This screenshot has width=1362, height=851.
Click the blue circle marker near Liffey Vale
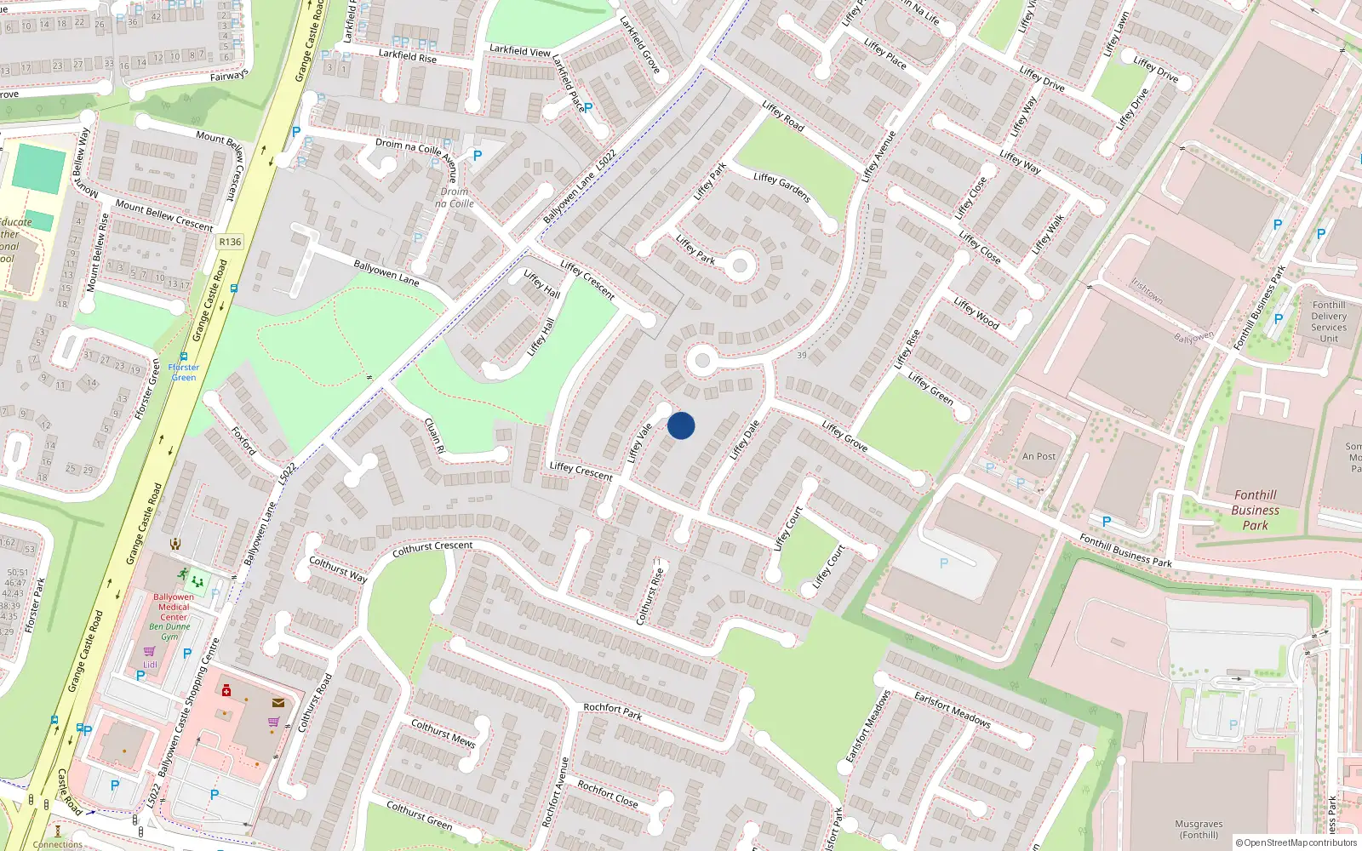pyautogui.click(x=681, y=425)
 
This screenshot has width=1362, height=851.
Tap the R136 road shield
pyautogui.click(x=230, y=242)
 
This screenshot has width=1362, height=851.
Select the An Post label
pyautogui.click(x=1039, y=457)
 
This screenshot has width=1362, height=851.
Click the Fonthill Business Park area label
pyautogui.click(x=1255, y=510)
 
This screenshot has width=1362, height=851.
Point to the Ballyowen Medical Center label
pyautogui.click(x=174, y=607)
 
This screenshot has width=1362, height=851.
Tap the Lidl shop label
pyautogui.click(x=150, y=665)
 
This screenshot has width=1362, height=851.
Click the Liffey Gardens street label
pyautogui.click(x=781, y=186)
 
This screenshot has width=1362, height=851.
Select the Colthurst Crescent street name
pyautogui.click(x=432, y=550)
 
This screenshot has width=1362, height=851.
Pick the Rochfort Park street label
pyautogui.click(x=612, y=711)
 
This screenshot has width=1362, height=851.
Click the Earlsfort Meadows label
pyautogui.click(x=952, y=709)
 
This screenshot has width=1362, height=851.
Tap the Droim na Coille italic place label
pyautogui.click(x=455, y=197)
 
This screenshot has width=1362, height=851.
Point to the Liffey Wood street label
pyautogui.click(x=976, y=313)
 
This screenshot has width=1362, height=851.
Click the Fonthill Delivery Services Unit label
pyautogui.click(x=1329, y=322)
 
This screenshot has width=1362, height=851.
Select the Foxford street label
pyautogui.click(x=243, y=441)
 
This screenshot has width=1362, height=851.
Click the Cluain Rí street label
pyautogui.click(x=434, y=434)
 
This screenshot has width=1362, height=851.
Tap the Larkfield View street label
pyautogui.click(x=519, y=51)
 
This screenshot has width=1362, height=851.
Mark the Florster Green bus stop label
pyautogui.click(x=184, y=373)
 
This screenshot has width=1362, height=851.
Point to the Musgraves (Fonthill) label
pyautogui.click(x=1199, y=829)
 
